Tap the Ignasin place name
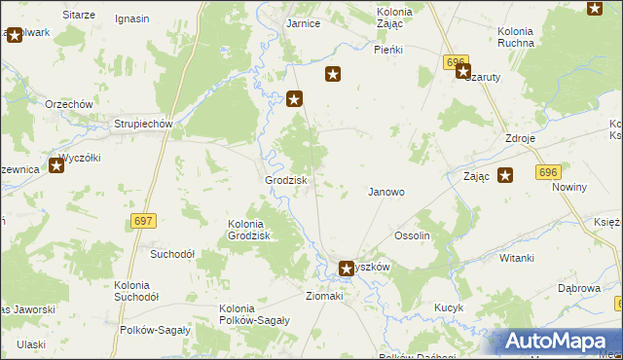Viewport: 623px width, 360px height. click(131, 18)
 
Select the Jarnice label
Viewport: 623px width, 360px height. click(305, 23)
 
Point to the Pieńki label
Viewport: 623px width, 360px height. click(388, 49)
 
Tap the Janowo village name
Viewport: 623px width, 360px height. click(385, 192)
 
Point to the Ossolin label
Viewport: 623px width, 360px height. click(412, 235)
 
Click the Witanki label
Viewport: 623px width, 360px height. click(516, 258)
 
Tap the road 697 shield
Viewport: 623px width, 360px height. click(143, 222)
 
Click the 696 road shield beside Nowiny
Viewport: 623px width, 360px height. click(546, 171)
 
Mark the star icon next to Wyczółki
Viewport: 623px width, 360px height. click(56, 166)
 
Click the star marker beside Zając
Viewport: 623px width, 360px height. click(505, 175)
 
